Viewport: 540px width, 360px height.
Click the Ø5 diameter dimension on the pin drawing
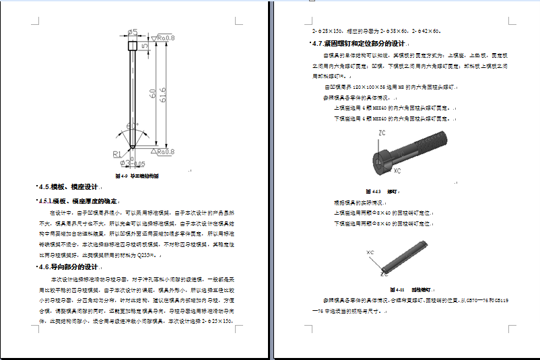(133, 32)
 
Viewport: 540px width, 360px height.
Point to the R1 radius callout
(116, 154)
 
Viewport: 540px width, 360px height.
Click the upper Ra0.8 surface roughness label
(165, 38)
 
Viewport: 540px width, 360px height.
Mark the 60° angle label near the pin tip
(132, 126)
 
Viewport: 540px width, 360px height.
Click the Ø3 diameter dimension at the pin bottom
(128, 164)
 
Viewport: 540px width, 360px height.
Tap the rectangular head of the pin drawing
(133, 45)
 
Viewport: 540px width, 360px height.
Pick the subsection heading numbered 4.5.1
(78, 201)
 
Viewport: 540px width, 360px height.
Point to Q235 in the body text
(147, 255)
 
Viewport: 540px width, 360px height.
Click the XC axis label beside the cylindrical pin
(370, 252)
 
